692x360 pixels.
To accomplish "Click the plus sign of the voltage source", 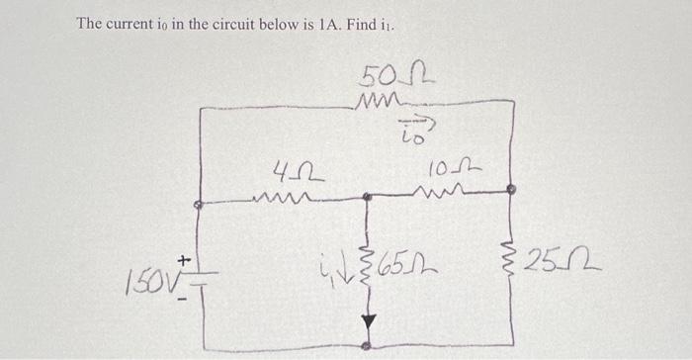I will pyautogui.click(x=183, y=259).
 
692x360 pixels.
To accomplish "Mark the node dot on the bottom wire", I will pyautogui.click(x=369, y=346).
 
